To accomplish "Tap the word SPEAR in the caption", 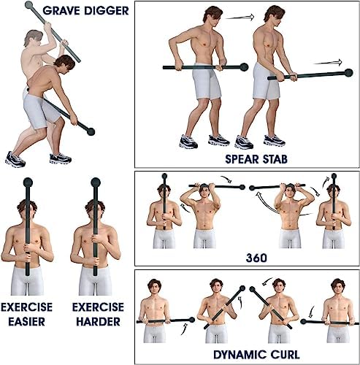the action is pos(242,159).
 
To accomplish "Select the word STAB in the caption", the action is pos(275,159).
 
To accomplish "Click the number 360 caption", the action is pos(256,258).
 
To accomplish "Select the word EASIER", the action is pos(26,322).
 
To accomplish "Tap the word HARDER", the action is pos(98,322).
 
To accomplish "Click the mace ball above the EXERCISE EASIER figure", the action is pos(28,182).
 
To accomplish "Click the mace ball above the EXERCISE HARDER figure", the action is pos(96,182).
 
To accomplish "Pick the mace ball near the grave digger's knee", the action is pos(91,131).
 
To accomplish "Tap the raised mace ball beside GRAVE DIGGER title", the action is pos(28,4).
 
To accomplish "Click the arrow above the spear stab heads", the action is pos(240,18).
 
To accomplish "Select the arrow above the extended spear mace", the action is pos(328,62).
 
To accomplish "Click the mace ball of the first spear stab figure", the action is pos(244,67).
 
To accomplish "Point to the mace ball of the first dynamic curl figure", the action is pos(192,320).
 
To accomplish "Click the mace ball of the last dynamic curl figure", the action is pos(303,322).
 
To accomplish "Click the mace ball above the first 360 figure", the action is pos(164,176).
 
